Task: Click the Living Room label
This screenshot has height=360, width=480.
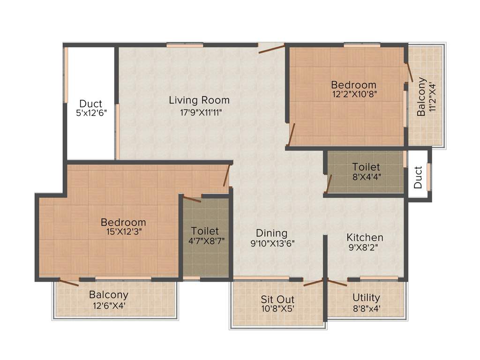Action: pos(199,100)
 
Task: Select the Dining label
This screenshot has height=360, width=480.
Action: pos(271,233)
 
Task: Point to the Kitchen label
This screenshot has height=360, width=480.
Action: pos(365,237)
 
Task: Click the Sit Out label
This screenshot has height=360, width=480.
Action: pos(277,299)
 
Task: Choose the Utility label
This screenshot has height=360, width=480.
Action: pos(366,298)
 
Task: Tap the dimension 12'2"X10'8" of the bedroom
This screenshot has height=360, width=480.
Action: pos(354,94)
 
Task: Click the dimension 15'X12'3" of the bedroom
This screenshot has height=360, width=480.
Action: pos(124,231)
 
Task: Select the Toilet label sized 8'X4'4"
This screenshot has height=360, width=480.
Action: pos(366,167)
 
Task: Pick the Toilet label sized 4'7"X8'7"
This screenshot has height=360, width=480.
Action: pos(205,231)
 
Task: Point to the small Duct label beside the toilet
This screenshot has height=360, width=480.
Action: pos(418,177)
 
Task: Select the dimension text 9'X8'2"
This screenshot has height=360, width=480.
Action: pos(365,247)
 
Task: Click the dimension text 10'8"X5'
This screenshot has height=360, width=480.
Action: pos(277,308)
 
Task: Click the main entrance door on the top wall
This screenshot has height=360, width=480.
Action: pos(271,47)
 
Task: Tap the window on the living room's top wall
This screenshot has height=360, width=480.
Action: pos(185,45)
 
